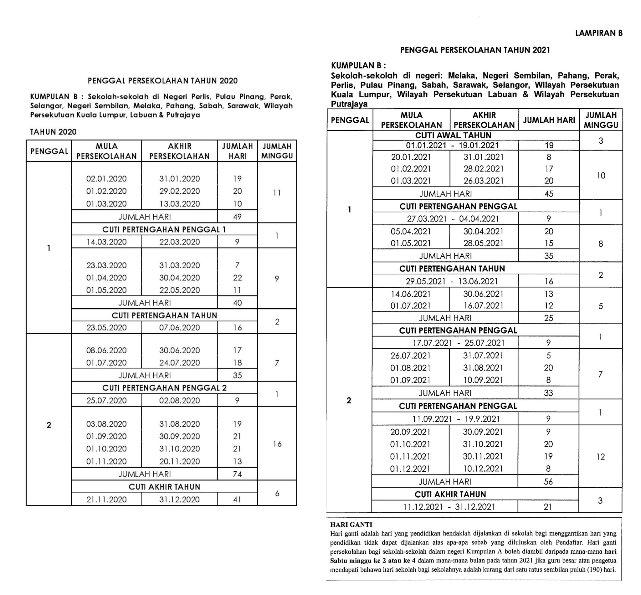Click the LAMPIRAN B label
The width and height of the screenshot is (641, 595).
click(598, 33)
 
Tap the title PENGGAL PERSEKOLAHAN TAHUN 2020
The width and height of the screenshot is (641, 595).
click(162, 80)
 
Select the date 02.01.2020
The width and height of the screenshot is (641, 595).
click(106, 179)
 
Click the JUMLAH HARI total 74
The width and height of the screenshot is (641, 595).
click(237, 474)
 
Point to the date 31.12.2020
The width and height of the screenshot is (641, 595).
click(179, 499)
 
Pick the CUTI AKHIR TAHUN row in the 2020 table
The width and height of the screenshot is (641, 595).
click(164, 486)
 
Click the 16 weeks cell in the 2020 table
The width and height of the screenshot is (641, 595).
click(277, 444)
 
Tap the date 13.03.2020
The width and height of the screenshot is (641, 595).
click(179, 204)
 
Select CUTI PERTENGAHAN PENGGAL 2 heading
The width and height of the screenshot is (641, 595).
click(164, 388)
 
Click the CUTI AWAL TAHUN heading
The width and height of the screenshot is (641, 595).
click(453, 135)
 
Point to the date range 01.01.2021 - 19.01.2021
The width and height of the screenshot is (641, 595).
click(452, 146)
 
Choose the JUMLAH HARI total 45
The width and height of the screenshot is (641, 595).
click(549, 194)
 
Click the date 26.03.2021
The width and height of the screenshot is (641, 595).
click(483, 181)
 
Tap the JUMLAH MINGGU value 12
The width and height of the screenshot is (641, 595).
click(600, 457)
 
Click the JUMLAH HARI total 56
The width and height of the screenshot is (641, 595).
click(548, 482)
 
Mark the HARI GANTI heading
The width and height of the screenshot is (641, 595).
click(351, 525)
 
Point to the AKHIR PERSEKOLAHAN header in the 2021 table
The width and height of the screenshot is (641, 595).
click(484, 120)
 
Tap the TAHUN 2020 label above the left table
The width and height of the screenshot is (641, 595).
click(54, 132)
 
